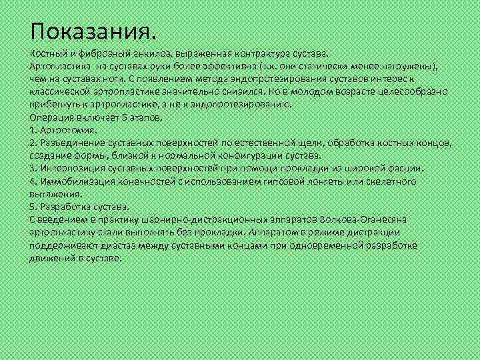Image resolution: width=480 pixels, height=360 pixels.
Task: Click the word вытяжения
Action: coord(55,193)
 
